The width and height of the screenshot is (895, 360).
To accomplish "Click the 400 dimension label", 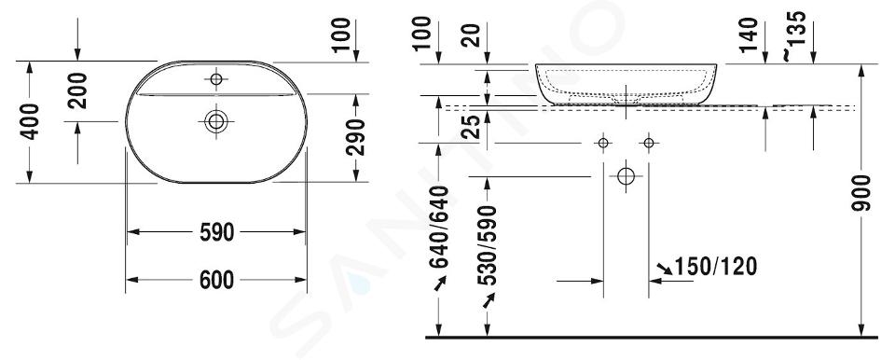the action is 30,121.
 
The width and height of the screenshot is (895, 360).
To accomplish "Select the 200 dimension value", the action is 77,90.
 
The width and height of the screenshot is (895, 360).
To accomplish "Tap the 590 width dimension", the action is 216,232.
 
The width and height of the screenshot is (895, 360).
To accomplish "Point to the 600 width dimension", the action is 216,281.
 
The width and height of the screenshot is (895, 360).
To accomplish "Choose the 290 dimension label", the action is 355,137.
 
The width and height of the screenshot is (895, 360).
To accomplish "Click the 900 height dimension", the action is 861,193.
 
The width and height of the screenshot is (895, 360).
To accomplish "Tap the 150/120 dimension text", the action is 716,267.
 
